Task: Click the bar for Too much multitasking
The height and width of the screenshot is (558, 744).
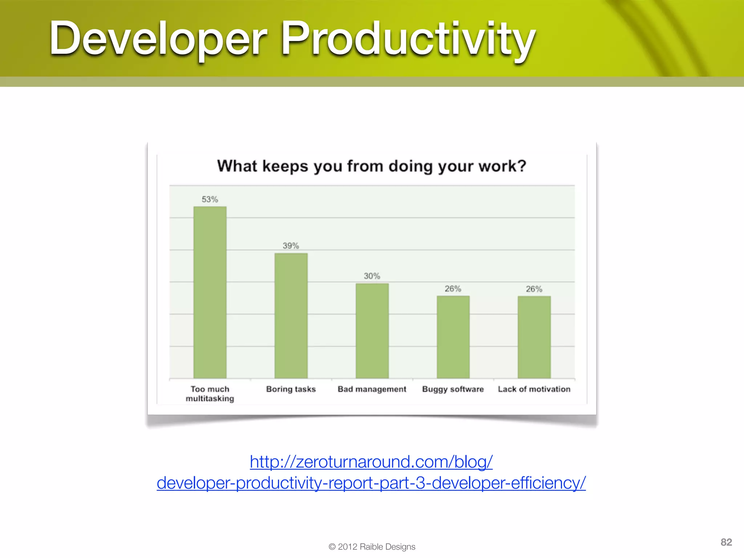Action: (210, 292)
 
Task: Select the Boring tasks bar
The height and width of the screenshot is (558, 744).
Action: (291, 316)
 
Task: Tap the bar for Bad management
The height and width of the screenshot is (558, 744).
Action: (372, 331)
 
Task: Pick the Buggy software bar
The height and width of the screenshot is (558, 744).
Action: (453, 337)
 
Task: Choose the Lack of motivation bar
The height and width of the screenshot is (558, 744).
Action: (534, 337)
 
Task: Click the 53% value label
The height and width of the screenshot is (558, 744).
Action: (210, 199)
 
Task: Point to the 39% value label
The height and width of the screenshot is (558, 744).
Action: (291, 246)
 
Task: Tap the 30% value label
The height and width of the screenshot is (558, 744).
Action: (372, 276)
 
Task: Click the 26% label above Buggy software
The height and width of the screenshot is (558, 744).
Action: (453, 289)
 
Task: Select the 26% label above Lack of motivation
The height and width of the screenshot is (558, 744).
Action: (534, 289)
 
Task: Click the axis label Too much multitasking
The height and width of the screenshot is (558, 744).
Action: (210, 394)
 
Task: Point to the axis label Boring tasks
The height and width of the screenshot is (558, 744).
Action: (291, 389)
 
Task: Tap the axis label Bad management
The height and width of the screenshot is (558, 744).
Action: (372, 389)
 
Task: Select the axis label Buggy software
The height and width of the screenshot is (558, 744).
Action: (453, 389)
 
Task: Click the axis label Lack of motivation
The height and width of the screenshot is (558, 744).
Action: (534, 389)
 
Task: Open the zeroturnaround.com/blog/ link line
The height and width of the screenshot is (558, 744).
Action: (371, 462)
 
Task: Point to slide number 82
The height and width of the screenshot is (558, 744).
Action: (726, 542)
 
